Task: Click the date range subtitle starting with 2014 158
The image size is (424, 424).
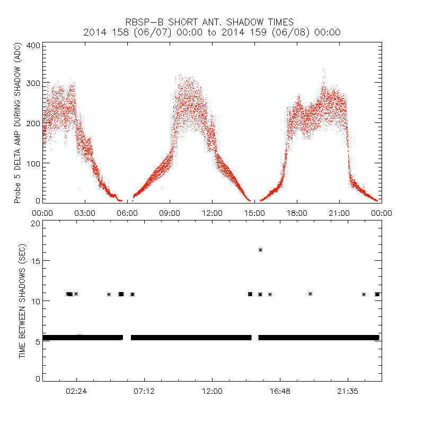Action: pos(212,32)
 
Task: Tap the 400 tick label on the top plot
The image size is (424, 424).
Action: pos(33,45)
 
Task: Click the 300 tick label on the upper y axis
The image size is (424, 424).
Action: pos(33,84)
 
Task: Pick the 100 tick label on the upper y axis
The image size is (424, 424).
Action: pos(33,162)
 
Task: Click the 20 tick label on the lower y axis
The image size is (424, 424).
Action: pos(35,223)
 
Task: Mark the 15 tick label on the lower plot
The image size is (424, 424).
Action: pos(35,261)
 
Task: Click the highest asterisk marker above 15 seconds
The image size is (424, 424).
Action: pos(260,250)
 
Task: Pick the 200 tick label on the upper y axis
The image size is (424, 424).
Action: pos(33,123)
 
